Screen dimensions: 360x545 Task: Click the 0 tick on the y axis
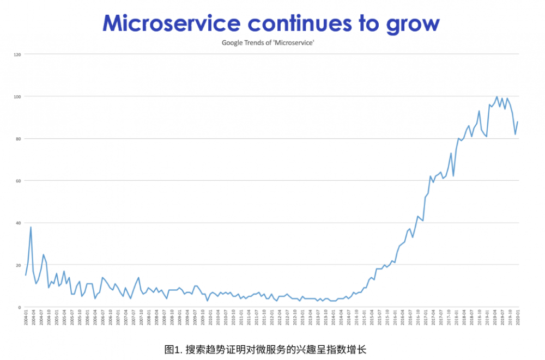tap(19, 307)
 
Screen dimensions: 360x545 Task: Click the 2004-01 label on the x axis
tap(26, 317)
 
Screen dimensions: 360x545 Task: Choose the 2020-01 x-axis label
tap(518, 317)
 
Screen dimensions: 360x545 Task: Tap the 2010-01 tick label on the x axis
tap(210, 317)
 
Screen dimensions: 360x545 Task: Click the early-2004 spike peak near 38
tap(31, 227)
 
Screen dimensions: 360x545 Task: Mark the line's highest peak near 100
tap(496, 97)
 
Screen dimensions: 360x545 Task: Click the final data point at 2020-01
tap(518, 122)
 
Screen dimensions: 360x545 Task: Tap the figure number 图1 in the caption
tap(172, 349)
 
